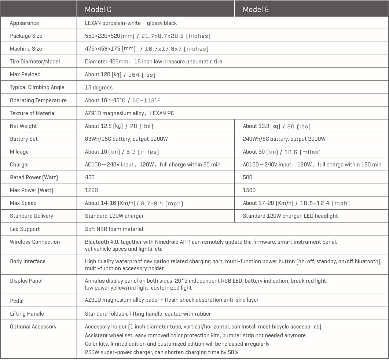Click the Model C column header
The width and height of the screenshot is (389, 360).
pyautogui.click(x=98, y=10)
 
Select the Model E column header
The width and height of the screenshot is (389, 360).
pyautogui.click(x=256, y=10)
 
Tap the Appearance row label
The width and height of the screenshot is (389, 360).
pyautogui.click(x=24, y=23)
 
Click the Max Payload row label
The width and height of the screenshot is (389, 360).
pyautogui.click(x=25, y=74)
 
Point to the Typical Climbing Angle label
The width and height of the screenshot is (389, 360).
pyautogui.click(x=37, y=87)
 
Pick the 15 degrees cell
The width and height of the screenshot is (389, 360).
pyautogui.click(x=99, y=88)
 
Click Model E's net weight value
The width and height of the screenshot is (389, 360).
pyautogui.click(x=276, y=126)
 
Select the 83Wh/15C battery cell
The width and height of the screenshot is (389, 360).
pyautogui.click(x=126, y=139)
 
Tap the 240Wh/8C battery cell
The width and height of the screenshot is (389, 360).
pyautogui.click(x=284, y=139)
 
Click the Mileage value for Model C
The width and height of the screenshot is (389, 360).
pyautogui.click(x=122, y=152)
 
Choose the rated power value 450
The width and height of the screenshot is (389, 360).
pyautogui.click(x=89, y=177)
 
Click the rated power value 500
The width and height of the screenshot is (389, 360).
pyautogui.click(x=247, y=177)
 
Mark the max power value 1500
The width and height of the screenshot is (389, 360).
pyautogui.click(x=249, y=190)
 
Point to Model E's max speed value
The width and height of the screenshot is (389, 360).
pyautogui.click(x=296, y=203)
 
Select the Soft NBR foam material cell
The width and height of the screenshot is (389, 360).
pyautogui.click(x=114, y=229)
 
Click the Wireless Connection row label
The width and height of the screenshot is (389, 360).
pyautogui.click(x=35, y=242)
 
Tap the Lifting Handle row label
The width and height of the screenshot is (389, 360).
pyautogui.click(x=27, y=314)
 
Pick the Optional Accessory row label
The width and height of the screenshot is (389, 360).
pyautogui.click(x=33, y=327)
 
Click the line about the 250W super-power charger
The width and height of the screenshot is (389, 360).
pyautogui.click(x=162, y=352)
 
